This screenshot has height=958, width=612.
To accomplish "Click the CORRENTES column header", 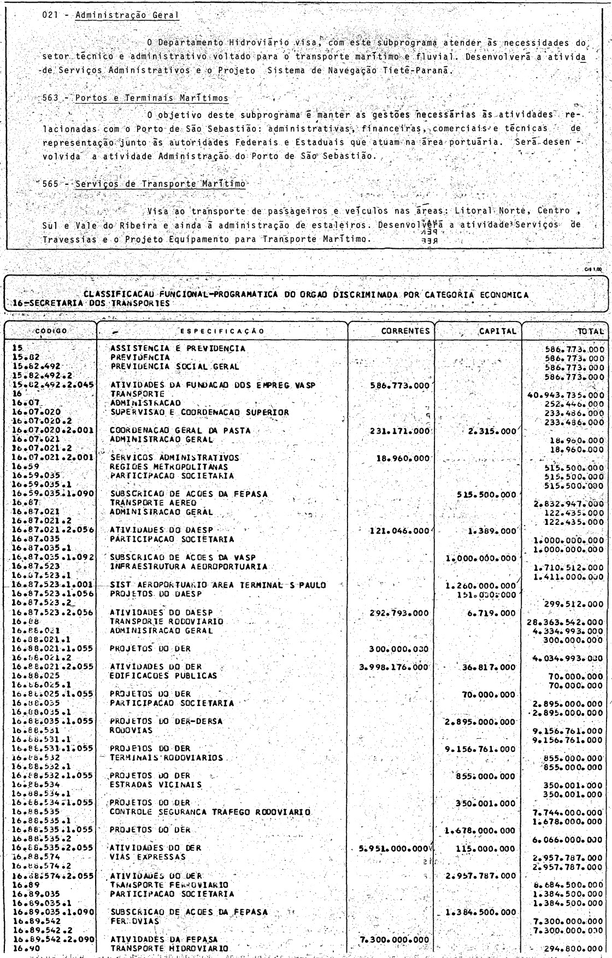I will click(x=404, y=330).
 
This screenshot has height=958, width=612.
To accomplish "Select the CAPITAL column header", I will click(x=498, y=330).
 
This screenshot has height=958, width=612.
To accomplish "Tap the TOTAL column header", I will click(x=591, y=331).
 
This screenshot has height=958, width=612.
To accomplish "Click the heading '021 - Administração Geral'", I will click(x=111, y=15).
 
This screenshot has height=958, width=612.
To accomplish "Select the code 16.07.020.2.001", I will click(x=50, y=430).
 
